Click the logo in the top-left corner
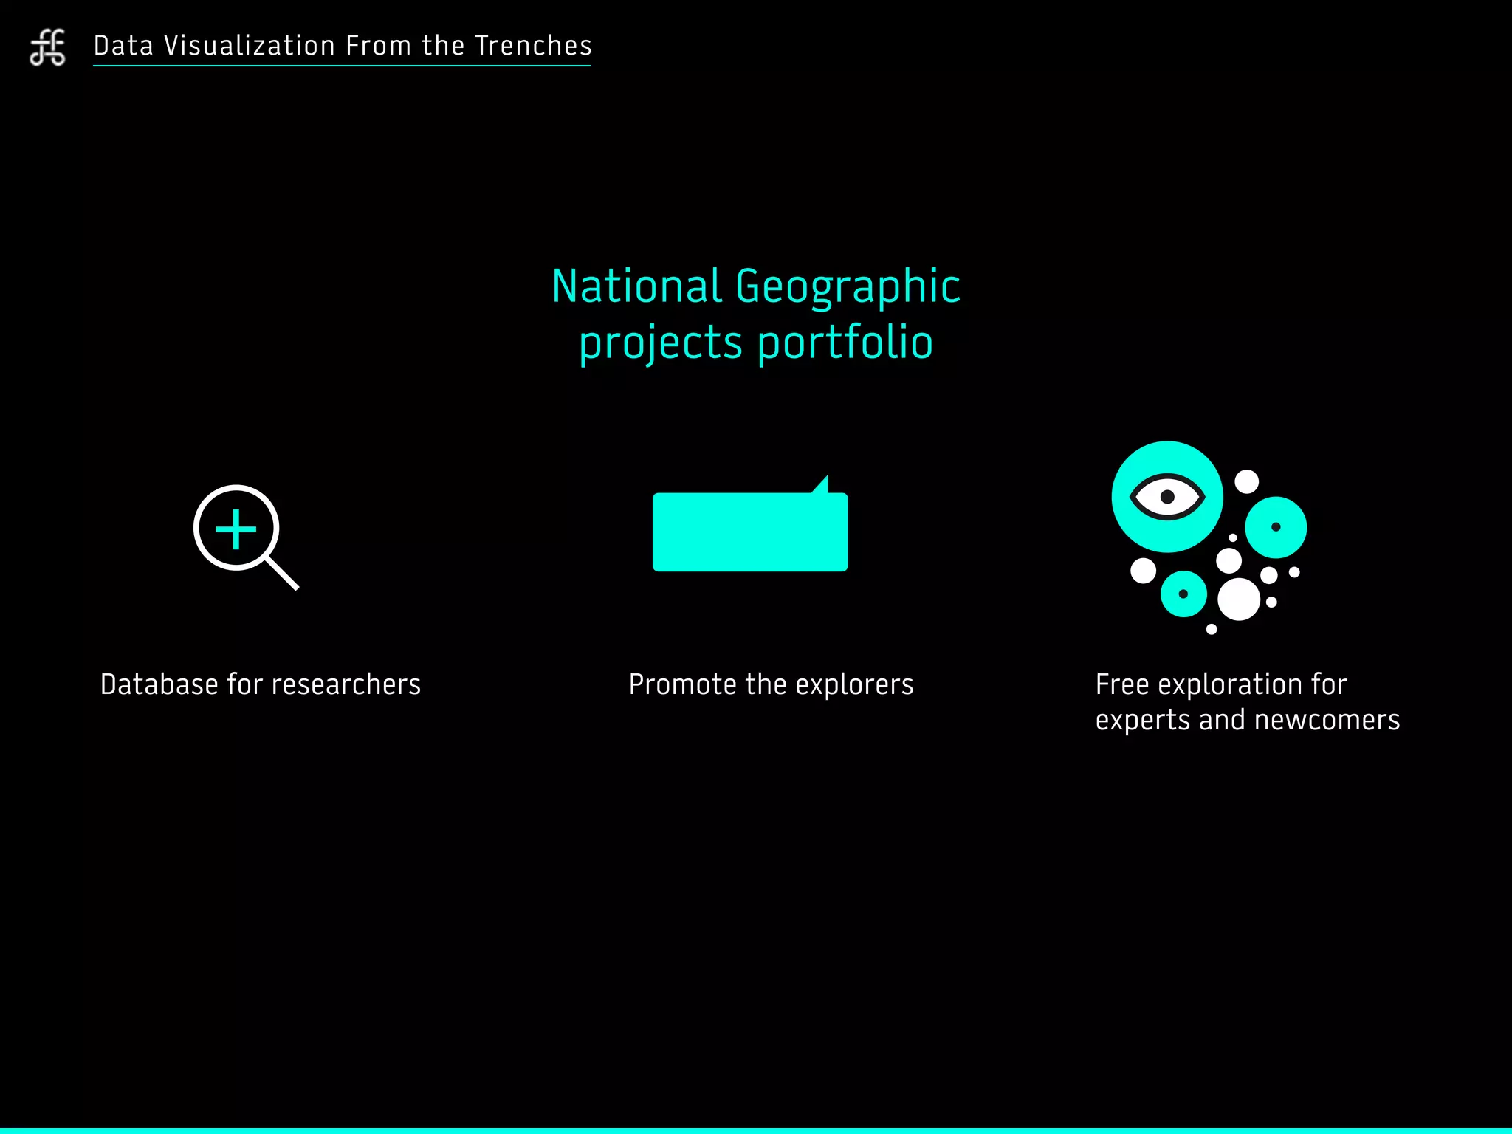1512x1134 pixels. coord(48,47)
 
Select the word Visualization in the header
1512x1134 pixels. coord(250,46)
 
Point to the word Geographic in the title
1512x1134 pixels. coord(848,288)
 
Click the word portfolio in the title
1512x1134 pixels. coord(845,343)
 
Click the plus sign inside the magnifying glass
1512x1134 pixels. coord(236,529)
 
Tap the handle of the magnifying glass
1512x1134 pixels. coord(282,573)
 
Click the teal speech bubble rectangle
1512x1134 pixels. coord(749,532)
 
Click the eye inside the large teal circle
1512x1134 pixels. coord(1167,496)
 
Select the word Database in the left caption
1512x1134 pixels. coord(159,684)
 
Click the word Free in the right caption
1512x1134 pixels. coord(1121,684)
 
